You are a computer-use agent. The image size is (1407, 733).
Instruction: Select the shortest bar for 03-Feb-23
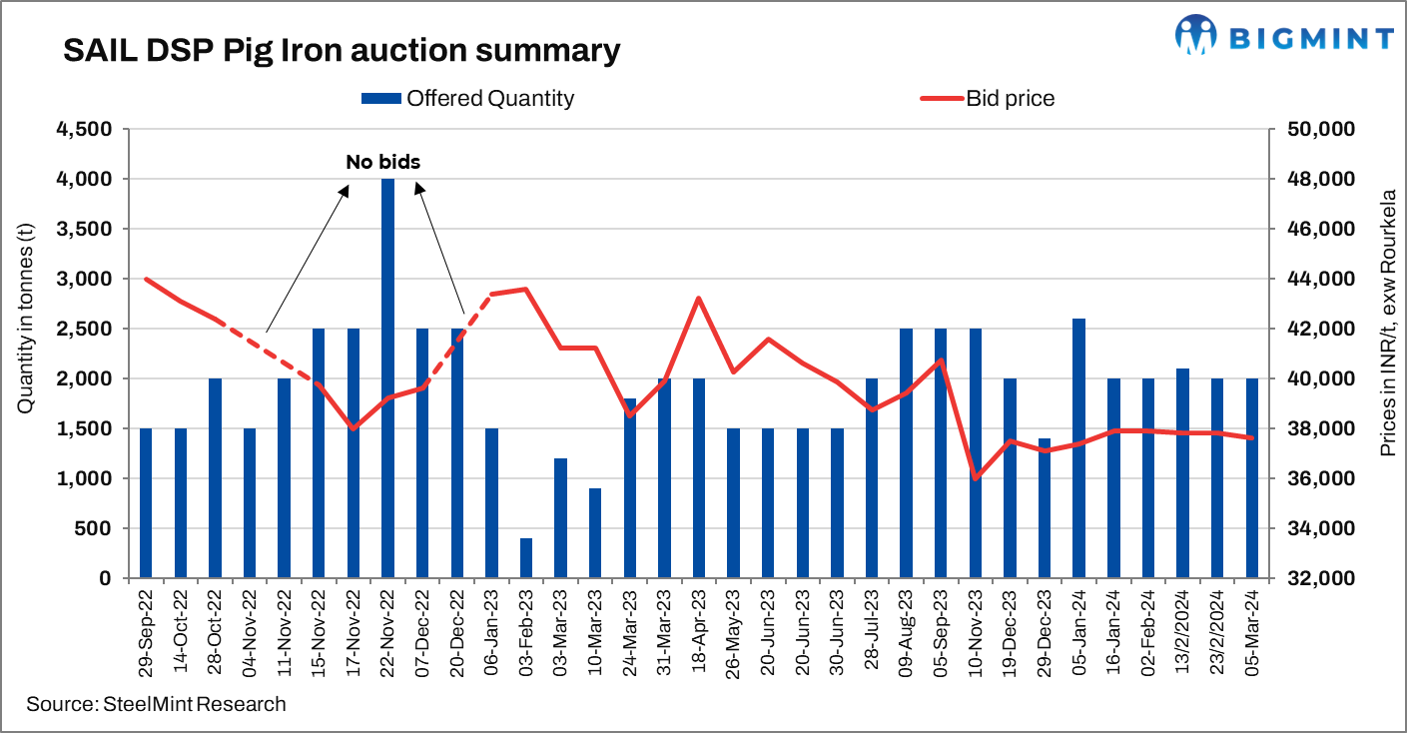point(526,558)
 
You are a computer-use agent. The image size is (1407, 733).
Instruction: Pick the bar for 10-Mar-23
point(595,533)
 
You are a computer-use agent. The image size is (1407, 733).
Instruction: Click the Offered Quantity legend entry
point(467,98)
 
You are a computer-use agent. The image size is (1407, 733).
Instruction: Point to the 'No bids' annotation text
point(383,161)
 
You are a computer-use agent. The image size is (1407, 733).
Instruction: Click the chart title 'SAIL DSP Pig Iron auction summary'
point(342,51)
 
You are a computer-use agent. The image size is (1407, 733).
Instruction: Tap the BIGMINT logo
point(1284,38)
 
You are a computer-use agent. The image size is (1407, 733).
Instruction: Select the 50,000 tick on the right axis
point(1308,130)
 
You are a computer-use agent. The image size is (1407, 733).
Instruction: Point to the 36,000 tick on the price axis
point(1308,478)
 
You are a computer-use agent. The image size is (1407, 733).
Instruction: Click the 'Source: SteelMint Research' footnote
point(157,704)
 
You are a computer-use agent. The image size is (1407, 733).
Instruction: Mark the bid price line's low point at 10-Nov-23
point(976,478)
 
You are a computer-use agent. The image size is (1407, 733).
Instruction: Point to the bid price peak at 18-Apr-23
point(699,299)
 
